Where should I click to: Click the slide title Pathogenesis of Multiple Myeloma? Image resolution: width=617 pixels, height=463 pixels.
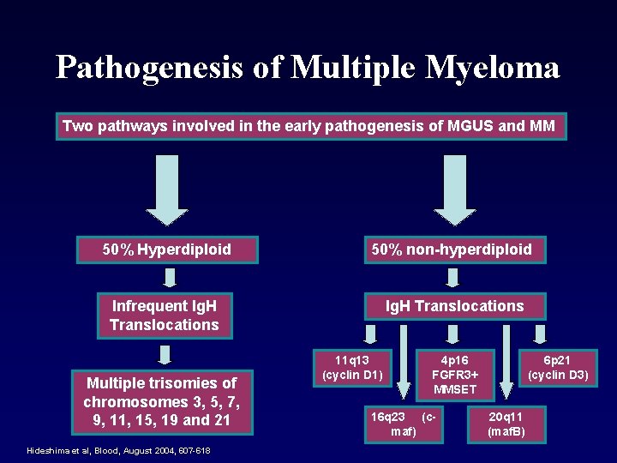[x=308, y=67]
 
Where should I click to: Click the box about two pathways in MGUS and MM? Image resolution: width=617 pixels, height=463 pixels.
[x=308, y=127]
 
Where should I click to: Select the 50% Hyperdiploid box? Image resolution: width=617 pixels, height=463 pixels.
[x=167, y=250]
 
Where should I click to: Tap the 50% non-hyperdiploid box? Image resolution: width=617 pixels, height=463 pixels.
[x=452, y=250]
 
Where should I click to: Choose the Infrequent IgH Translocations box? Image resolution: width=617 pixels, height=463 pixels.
[x=165, y=315]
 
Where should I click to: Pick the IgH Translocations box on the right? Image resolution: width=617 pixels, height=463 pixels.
[x=454, y=306]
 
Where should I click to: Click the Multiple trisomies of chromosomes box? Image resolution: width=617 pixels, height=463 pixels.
[x=159, y=402]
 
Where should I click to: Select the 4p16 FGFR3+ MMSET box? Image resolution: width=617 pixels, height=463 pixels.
[x=455, y=374]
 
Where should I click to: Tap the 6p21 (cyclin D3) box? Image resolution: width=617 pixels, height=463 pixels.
[x=558, y=367]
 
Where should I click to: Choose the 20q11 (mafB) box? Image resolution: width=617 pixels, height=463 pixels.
[x=506, y=424]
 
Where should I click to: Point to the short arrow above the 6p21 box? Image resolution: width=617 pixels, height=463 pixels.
[x=539, y=333]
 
